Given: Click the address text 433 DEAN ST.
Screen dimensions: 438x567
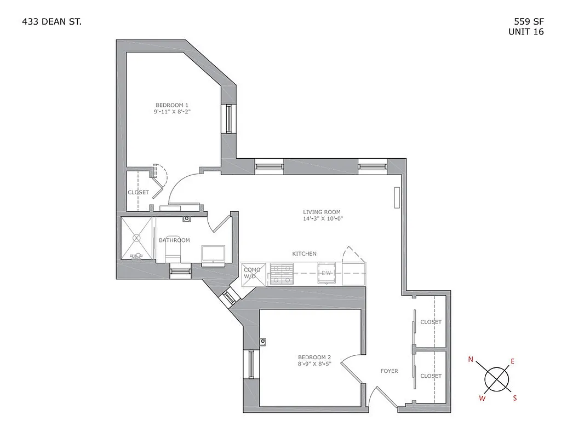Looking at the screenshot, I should pos(53,22).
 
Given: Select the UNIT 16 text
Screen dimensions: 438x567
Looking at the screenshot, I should pos(526,32).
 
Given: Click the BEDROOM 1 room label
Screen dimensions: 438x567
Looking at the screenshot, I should pos(172,105).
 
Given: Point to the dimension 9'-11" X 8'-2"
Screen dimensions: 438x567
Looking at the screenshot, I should pos(172,112).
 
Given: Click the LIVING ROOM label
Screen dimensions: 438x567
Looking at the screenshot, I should pos(322,212).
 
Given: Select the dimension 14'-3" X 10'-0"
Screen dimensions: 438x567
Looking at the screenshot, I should pos(323,218).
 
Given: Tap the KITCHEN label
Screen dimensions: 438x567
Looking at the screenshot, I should pos(304,253).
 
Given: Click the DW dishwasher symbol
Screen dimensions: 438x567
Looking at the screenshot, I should pos(327,273).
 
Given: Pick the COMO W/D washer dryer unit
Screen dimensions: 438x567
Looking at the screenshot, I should pos(253,273).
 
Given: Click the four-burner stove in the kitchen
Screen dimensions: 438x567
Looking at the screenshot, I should pos(281,274).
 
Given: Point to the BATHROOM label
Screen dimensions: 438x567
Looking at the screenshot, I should pos(174,240).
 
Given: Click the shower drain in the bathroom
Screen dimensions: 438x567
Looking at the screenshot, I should pos(136,238).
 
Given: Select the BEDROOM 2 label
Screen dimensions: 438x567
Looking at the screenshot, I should pos(314,358).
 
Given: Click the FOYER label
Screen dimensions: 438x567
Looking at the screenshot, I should pos(389,371).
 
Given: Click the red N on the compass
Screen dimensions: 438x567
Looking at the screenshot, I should pos(471,360).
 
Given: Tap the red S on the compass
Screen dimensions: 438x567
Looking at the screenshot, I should pos(514,398).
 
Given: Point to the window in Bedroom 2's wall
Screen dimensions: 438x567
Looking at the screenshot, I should pos(251,364).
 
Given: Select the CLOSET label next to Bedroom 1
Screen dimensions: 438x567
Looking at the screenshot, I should pos(138,193).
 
